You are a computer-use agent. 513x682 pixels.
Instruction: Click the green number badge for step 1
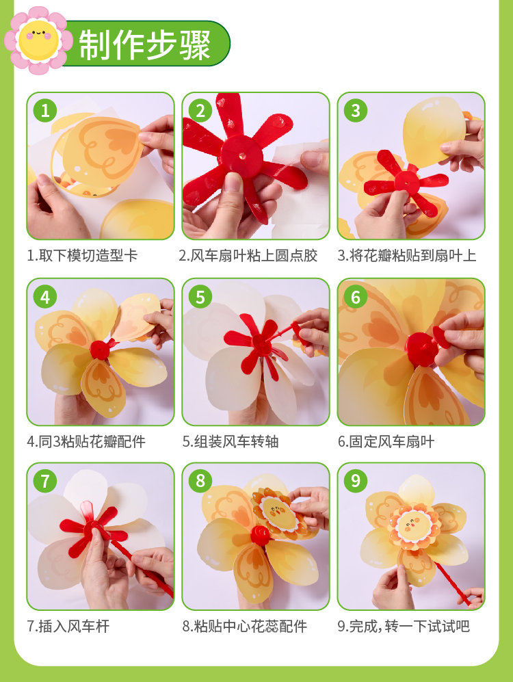45,111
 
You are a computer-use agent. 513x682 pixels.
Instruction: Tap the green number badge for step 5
200,297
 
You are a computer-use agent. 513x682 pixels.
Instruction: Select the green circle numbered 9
356,481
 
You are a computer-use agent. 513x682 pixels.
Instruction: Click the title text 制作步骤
145,44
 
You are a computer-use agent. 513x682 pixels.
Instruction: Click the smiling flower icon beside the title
38,40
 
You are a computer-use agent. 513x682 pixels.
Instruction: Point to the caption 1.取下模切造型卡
82,256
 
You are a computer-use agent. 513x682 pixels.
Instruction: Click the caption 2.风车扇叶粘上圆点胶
248,256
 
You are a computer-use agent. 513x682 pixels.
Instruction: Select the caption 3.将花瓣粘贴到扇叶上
407,256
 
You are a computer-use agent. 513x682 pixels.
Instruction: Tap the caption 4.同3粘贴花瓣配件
86,442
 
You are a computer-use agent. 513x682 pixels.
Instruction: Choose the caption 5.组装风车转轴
231,442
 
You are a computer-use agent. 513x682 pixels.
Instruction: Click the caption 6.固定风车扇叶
386,442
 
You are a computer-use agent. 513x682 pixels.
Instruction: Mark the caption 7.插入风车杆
68,627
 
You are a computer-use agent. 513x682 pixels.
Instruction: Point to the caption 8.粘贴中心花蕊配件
245,627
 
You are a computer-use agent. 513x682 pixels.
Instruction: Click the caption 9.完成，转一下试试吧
404,627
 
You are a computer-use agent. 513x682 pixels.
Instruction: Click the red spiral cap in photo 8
260,534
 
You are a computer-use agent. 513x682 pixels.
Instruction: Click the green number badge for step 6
356,297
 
